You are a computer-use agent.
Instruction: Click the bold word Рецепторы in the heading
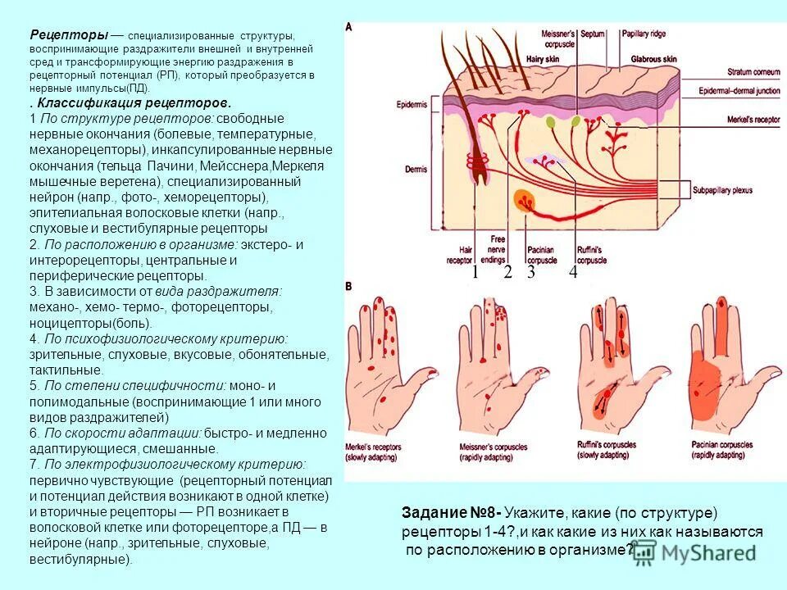[x=69, y=35]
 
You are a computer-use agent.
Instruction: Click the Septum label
[x=592, y=34]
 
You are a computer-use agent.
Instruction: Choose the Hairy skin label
[x=543, y=59]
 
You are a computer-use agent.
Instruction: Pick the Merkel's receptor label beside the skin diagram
[x=733, y=119]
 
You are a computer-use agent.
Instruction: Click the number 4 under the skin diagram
[x=573, y=273]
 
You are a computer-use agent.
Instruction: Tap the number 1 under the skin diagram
[x=474, y=273]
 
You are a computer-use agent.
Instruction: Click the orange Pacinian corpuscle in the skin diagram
[x=522, y=199]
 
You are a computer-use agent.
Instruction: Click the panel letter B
[x=349, y=285]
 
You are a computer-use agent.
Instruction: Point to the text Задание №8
[x=450, y=513]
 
